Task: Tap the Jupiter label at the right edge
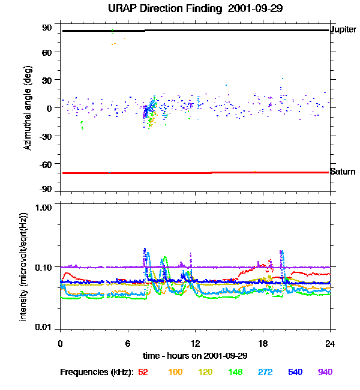click(344, 29)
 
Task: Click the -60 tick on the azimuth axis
click(46, 163)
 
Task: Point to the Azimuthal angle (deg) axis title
click(28, 109)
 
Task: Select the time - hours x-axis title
click(195, 355)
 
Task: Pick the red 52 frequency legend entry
click(143, 372)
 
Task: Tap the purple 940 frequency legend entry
click(325, 372)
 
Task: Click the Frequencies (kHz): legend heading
click(97, 372)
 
